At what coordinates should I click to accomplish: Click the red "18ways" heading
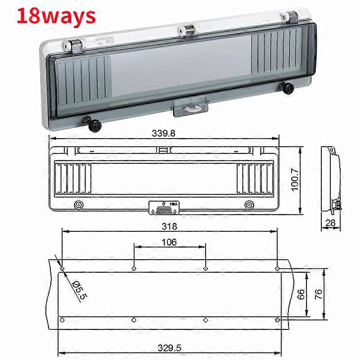pyautogui.click(x=57, y=16)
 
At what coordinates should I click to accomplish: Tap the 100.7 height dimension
pyautogui.click(x=295, y=180)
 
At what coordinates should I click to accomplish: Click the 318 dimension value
pyautogui.click(x=170, y=226)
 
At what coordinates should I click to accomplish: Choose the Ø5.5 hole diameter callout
pyautogui.click(x=78, y=289)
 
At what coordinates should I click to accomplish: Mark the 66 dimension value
pyautogui.click(x=301, y=294)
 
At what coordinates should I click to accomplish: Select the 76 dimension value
pyautogui.click(x=318, y=294)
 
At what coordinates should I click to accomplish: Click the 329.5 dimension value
pyautogui.click(x=169, y=348)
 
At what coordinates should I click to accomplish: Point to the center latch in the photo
pyautogui.click(x=192, y=107)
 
